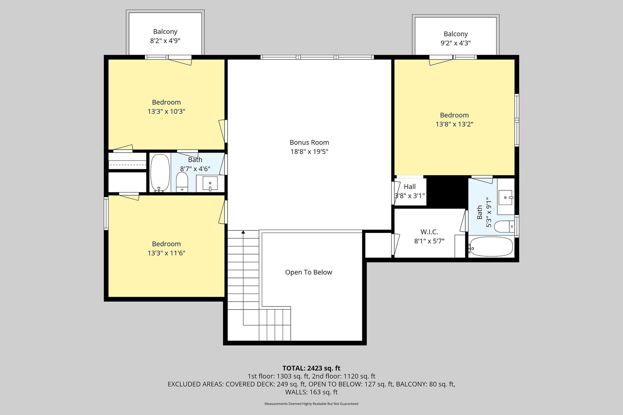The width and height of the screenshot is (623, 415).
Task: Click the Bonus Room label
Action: [309, 142]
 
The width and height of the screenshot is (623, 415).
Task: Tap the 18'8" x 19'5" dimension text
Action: [309, 151]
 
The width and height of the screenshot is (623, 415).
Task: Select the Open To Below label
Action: [308, 272]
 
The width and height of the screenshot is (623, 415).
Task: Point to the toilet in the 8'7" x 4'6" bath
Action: [182, 182]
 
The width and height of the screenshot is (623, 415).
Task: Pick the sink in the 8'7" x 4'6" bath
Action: [210, 183]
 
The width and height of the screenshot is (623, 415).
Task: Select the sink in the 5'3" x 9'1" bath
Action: [506, 198]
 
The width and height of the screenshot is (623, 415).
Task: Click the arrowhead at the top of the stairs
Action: [243, 232]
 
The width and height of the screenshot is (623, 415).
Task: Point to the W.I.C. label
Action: [429, 232]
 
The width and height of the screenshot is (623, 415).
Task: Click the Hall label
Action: [410, 187]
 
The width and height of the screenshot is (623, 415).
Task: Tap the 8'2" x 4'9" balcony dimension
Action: [165, 41]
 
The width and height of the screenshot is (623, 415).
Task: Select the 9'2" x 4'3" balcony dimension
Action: [456, 43]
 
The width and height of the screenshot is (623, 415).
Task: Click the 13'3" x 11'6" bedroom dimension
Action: [166, 253]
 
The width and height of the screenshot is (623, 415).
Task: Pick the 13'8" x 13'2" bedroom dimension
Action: [454, 124]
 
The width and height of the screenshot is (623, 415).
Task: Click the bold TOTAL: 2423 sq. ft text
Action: [311, 368]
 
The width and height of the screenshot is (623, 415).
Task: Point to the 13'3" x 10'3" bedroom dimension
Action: [166, 111]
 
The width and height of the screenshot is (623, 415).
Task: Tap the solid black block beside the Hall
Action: [447, 192]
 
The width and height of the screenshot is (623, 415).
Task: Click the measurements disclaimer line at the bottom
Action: [311, 404]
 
